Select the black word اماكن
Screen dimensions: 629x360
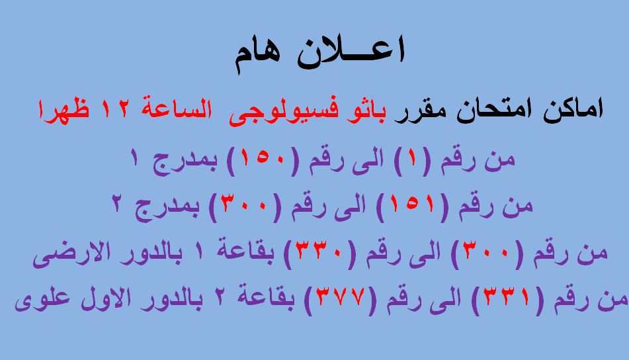[573, 110]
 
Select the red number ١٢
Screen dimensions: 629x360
[115, 109]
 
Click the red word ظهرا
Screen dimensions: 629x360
[63, 110]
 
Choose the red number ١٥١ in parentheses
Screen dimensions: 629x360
[412, 204]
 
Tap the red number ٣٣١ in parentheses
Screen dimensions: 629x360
[508, 297]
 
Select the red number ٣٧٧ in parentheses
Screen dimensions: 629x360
[341, 297]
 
